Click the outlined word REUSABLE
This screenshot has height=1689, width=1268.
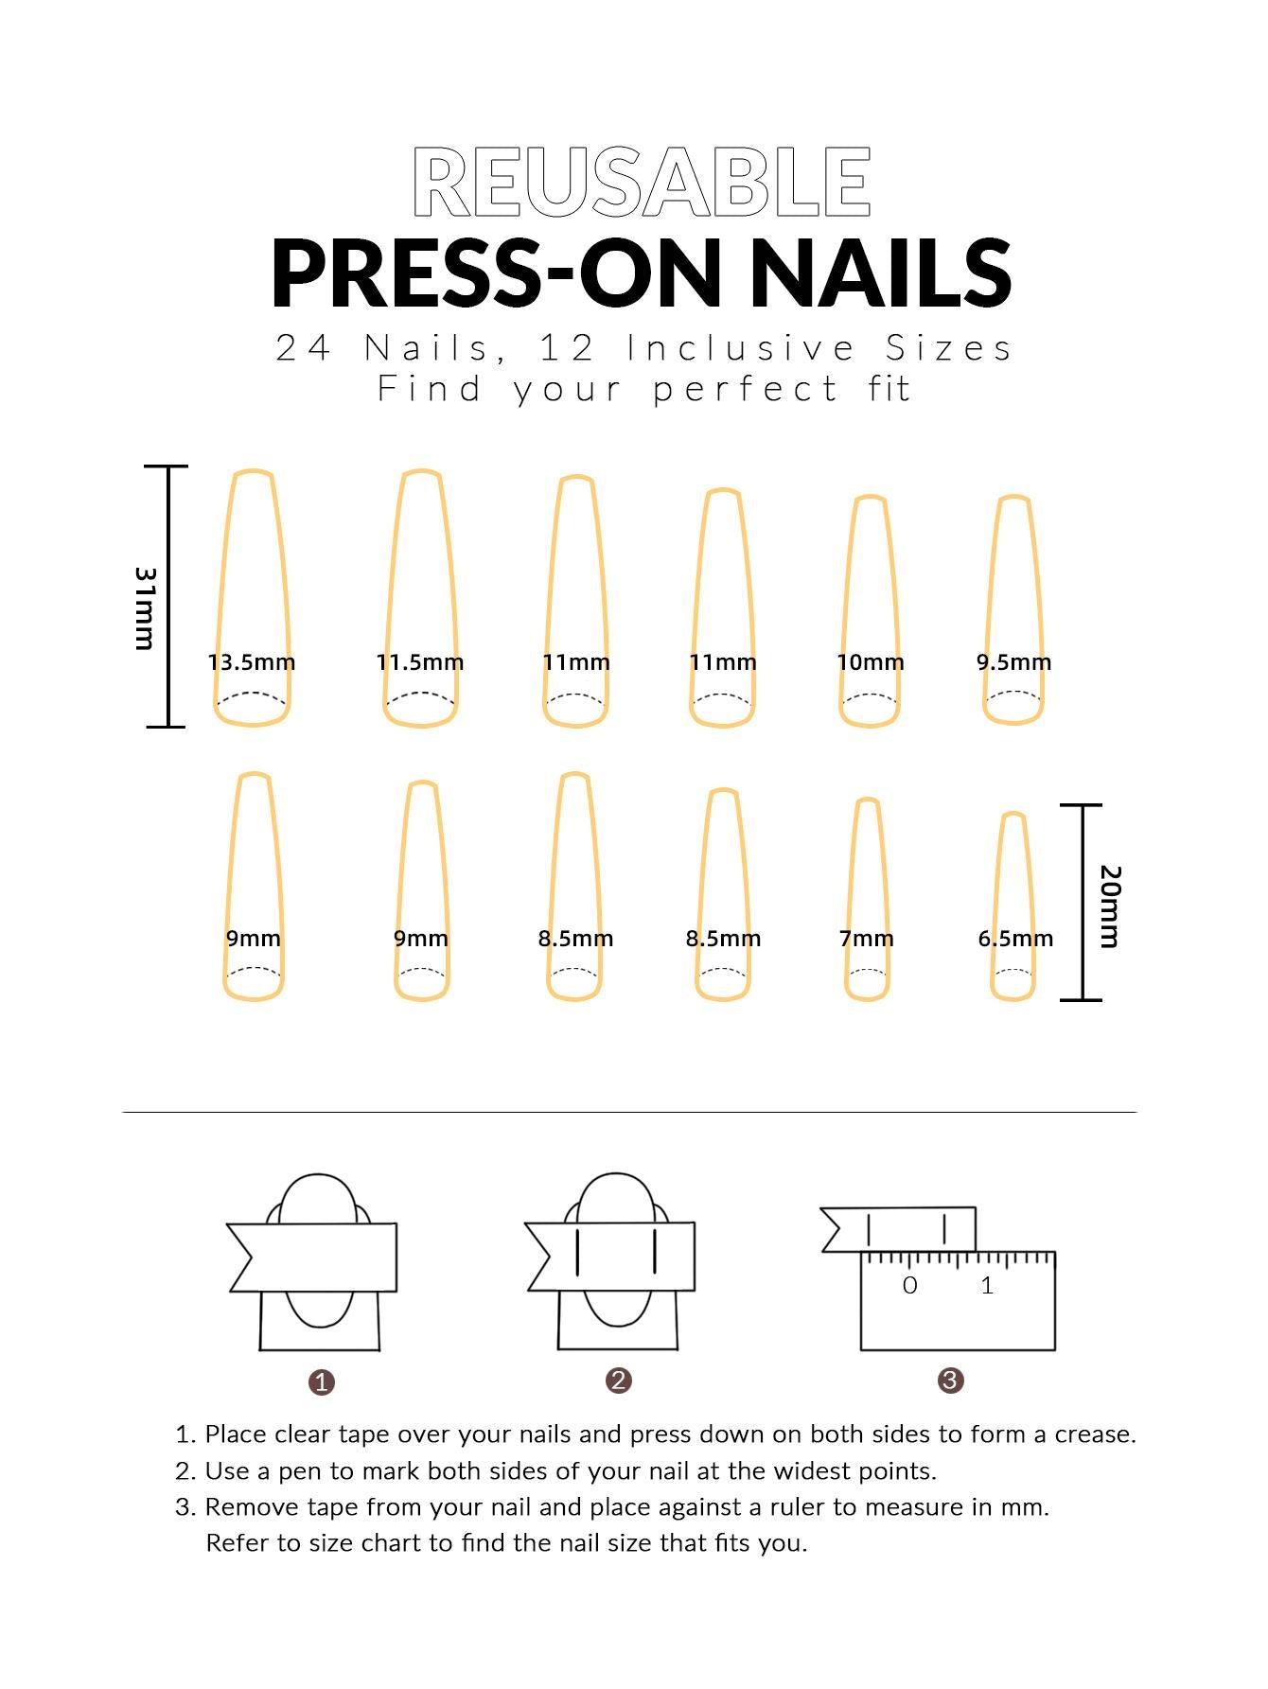(x=642, y=182)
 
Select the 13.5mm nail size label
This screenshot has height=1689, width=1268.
(x=252, y=662)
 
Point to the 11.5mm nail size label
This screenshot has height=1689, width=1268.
(x=420, y=662)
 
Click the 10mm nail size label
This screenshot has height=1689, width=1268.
(x=871, y=662)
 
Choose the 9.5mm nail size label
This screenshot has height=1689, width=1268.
(x=1014, y=662)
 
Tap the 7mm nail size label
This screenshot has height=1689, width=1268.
(x=867, y=939)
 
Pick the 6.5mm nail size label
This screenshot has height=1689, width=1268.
(x=1015, y=939)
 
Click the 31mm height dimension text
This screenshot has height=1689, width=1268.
(x=145, y=608)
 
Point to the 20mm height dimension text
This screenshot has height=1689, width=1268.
(x=1110, y=906)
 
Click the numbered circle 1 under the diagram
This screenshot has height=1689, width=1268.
(x=322, y=1382)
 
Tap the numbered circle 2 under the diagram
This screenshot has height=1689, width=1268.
(x=619, y=1381)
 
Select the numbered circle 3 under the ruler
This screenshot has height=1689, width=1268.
(x=951, y=1381)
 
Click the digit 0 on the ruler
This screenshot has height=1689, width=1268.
(x=910, y=1285)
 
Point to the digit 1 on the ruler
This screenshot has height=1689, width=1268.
(x=987, y=1285)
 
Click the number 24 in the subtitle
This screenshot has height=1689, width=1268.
(x=304, y=348)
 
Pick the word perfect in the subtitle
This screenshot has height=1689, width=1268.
(x=746, y=390)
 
